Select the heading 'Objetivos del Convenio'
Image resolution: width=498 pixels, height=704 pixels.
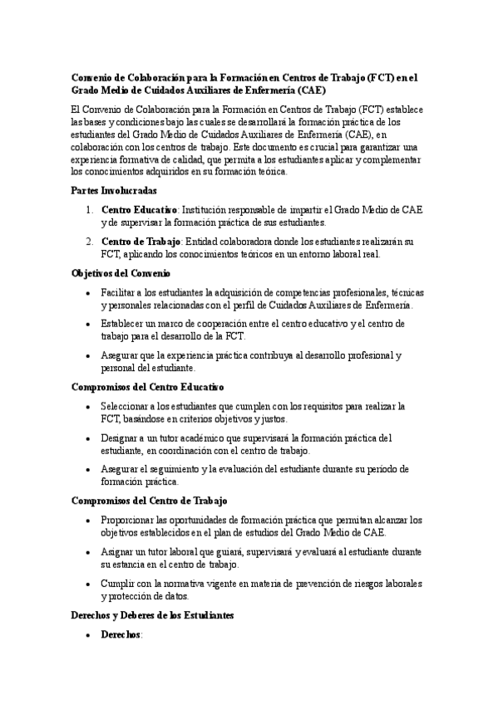(121, 273)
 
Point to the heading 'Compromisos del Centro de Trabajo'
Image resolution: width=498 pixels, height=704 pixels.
(150, 501)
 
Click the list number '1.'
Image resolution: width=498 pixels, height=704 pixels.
(90, 210)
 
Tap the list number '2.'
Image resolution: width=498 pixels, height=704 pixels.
(90, 242)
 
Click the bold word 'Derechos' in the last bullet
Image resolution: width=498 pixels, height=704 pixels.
(121, 634)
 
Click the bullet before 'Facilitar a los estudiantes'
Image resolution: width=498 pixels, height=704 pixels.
(89, 293)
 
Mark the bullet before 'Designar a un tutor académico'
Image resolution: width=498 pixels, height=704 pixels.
(89, 438)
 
